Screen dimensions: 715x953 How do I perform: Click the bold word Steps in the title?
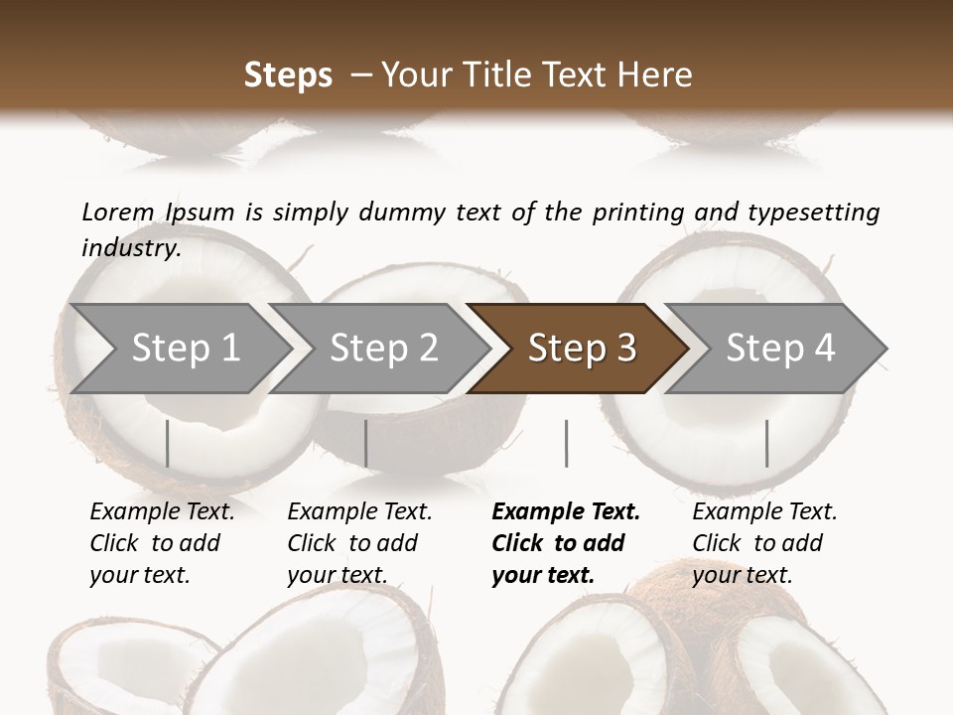coord(288,75)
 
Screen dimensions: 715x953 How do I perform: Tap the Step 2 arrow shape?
coord(383,348)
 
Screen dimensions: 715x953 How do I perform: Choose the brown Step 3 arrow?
coord(582,348)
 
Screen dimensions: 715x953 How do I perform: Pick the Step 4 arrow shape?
coord(780,348)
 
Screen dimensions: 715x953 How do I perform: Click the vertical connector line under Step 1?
coord(168,443)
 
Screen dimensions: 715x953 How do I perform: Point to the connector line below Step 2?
coord(366,443)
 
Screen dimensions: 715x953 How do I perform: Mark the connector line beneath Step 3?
coord(567,443)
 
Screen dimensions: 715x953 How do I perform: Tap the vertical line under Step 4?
coord(767,443)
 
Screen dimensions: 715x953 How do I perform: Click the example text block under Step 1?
coord(162,543)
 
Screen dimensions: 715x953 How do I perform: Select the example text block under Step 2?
coord(359,543)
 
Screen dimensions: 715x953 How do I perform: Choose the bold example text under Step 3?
coord(565,543)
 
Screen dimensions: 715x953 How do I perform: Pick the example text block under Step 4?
coord(764,543)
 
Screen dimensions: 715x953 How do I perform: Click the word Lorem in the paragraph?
coord(118,212)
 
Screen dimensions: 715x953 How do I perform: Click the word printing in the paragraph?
coord(638,212)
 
